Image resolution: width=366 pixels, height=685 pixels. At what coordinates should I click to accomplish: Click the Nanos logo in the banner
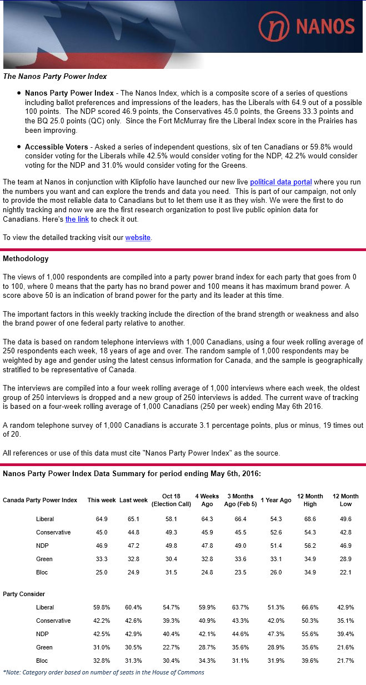[307, 26]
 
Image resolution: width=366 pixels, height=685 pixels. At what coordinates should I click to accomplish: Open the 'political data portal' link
[280, 182]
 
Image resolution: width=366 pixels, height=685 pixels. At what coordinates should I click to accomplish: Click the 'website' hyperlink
[138, 237]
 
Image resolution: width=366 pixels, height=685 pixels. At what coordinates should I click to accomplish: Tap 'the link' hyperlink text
[77, 219]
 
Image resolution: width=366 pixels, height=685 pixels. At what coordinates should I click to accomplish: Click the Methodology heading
[26, 258]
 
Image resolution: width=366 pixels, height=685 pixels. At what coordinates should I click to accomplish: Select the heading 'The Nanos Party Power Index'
[55, 76]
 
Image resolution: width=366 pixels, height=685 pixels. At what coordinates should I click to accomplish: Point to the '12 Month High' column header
[310, 500]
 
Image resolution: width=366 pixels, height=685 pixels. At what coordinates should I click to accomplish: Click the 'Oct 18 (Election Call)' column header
[171, 500]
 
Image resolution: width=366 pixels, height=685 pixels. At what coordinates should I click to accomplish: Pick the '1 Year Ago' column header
[275, 500]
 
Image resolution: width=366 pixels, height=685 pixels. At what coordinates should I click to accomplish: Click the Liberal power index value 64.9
[102, 519]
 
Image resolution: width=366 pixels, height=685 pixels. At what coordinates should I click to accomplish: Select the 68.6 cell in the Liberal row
[310, 519]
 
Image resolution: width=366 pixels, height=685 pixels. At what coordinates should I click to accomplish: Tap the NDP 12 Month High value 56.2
[310, 546]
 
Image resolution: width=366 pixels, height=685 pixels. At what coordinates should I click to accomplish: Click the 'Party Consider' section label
[24, 594]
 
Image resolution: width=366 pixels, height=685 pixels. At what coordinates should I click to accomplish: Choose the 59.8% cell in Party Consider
[102, 607]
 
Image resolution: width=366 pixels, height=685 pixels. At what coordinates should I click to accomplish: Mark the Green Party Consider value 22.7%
[171, 647]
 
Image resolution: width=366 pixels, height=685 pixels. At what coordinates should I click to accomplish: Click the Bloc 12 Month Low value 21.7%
[345, 661]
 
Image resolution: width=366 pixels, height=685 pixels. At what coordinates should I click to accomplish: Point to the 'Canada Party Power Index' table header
[40, 500]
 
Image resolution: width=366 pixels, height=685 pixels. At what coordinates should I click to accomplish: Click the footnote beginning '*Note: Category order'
[104, 672]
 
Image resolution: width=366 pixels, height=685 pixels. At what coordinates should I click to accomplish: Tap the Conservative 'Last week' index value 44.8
[133, 532]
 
